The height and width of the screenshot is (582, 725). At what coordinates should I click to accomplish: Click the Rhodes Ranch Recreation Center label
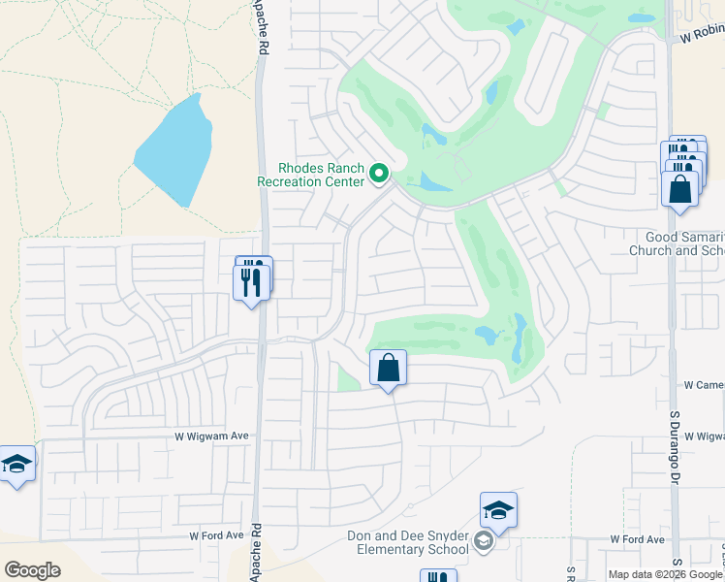click(x=310, y=174)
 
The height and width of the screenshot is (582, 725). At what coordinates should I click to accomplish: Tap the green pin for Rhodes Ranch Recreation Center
click(x=379, y=175)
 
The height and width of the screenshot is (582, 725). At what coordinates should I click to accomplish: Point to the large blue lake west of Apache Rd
click(x=175, y=150)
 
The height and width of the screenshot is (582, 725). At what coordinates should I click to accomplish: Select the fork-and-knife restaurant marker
click(x=251, y=281)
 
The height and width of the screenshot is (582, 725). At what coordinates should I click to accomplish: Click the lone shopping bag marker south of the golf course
click(x=388, y=370)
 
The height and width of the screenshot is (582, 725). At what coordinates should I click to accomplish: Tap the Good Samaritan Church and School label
click(x=685, y=243)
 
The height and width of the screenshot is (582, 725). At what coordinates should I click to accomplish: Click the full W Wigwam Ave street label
click(x=211, y=436)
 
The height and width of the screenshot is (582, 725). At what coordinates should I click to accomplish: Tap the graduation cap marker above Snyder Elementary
click(x=498, y=511)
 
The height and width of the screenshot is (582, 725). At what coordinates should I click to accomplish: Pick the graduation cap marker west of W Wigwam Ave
click(x=16, y=466)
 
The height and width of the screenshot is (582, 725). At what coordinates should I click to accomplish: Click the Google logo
click(x=32, y=570)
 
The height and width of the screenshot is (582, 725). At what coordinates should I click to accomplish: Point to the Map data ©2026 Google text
click(x=666, y=574)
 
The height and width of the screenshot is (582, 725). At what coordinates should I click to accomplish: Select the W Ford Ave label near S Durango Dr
click(x=637, y=539)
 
